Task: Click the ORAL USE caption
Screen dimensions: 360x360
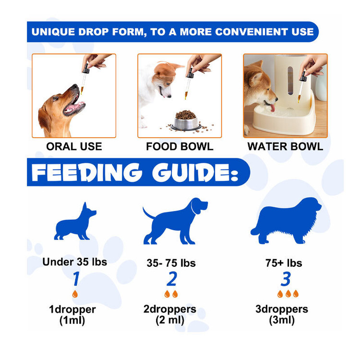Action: tap(74, 146)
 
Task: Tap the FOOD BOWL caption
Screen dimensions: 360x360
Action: tap(180, 146)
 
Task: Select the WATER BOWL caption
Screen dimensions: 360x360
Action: tap(285, 146)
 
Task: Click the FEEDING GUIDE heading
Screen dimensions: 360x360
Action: tap(135, 172)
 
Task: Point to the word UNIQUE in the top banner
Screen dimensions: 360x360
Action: tap(53, 32)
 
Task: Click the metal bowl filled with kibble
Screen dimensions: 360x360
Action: tap(186, 121)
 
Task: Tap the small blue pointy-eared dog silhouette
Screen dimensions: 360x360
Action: tap(75, 222)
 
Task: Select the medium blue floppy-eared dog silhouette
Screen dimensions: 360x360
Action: tap(175, 221)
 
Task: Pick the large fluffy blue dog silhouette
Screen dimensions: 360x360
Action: tap(286, 221)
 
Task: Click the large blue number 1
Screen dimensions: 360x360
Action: tap(76, 279)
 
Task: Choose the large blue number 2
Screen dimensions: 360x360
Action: tap(172, 279)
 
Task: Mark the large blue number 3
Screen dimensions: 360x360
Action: tap(286, 279)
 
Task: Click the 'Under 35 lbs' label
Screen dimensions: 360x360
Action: tap(74, 262)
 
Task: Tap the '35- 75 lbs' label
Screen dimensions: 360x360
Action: tap(171, 263)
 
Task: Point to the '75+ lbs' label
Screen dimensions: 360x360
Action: tap(284, 263)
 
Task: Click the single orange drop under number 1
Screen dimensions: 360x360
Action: tap(75, 294)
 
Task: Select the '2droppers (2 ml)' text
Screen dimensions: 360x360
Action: tap(170, 315)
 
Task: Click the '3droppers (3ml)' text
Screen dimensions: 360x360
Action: tap(282, 315)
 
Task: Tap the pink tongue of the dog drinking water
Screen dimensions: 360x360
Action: tap(273, 108)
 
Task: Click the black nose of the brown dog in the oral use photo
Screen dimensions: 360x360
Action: tap(75, 86)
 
